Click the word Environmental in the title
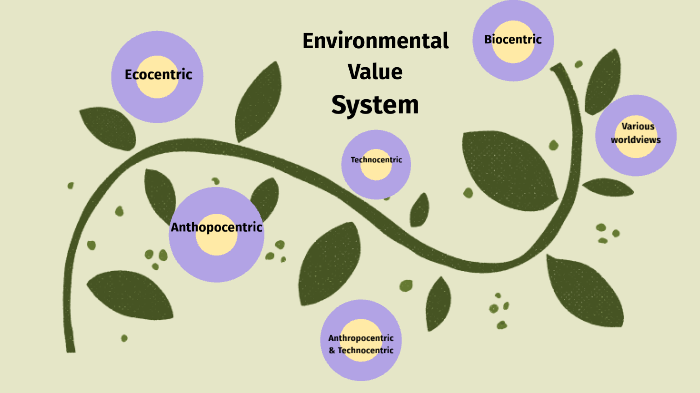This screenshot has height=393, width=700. coord(375,42)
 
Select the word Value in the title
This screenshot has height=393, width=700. coord(375,72)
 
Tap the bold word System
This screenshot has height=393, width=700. coord(375,104)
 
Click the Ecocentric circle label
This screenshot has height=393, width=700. coord(158,75)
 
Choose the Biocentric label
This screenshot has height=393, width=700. coord(513,40)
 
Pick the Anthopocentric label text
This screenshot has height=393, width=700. coord(216,227)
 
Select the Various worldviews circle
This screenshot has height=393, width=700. coord(636,134)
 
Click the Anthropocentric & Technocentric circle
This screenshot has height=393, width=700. coord(361,341)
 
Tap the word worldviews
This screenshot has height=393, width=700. coord(636,140)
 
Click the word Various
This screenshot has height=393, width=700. coord(637,127)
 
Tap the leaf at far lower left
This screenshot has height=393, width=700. coord(130,294)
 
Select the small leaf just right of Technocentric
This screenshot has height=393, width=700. coord(420,210)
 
